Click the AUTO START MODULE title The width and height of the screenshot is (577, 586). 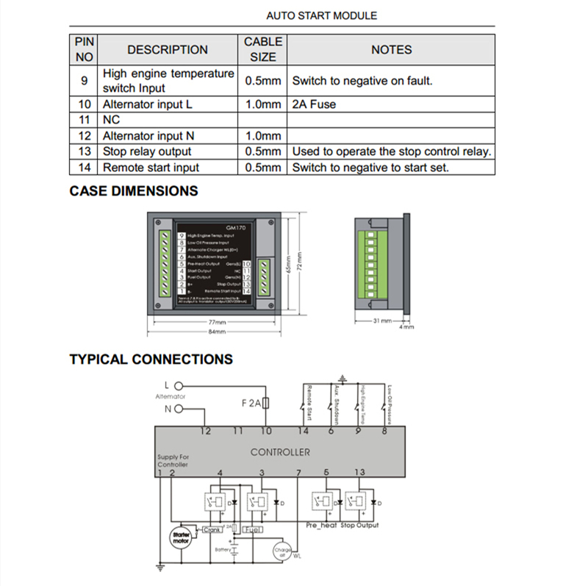(x=321, y=15)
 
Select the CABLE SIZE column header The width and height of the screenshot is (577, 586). (x=262, y=49)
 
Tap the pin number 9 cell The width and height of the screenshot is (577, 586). (x=85, y=81)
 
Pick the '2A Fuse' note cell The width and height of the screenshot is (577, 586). (x=314, y=104)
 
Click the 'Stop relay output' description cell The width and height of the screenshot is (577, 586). (x=147, y=151)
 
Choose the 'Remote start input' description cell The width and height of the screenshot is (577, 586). (x=151, y=168)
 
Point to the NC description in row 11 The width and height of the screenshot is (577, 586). (x=111, y=120)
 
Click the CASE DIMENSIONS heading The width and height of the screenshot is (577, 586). (x=134, y=191)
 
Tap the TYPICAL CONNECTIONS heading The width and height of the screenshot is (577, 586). (x=151, y=360)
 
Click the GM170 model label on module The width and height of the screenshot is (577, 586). (x=236, y=226)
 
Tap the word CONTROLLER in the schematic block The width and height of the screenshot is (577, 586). (x=280, y=452)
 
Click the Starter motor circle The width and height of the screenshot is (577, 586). (x=181, y=537)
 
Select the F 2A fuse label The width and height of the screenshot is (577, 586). (x=251, y=403)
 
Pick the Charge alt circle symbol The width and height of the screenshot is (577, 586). (x=282, y=551)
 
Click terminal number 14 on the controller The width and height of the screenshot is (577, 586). (x=304, y=431)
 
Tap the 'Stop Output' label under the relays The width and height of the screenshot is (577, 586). (x=359, y=525)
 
